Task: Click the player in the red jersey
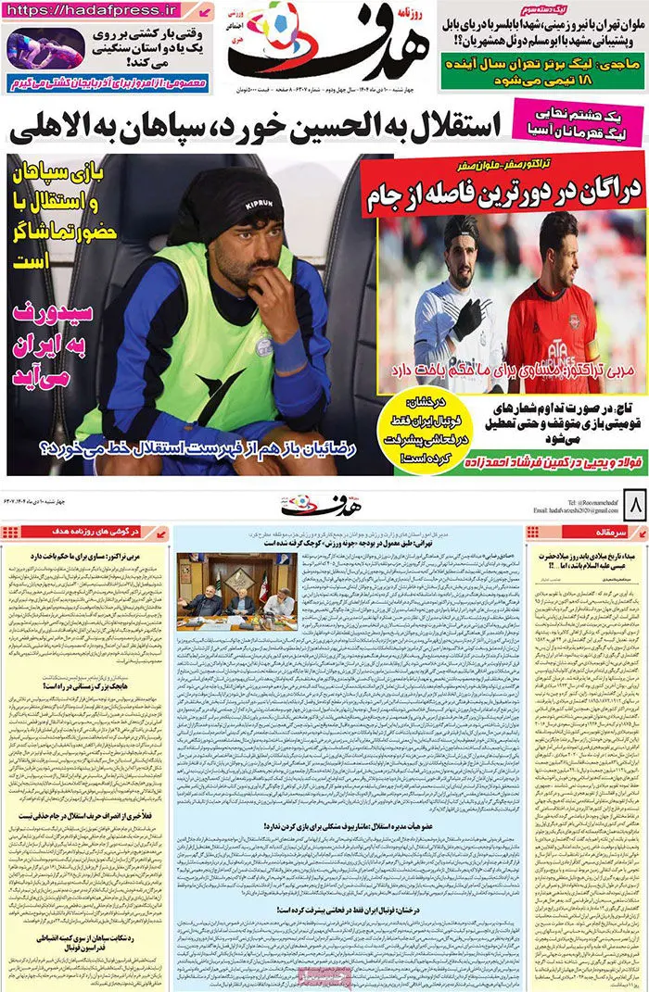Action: pos(554,296)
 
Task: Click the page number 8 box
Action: pos(636,507)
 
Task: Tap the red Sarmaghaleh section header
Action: pos(584,533)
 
